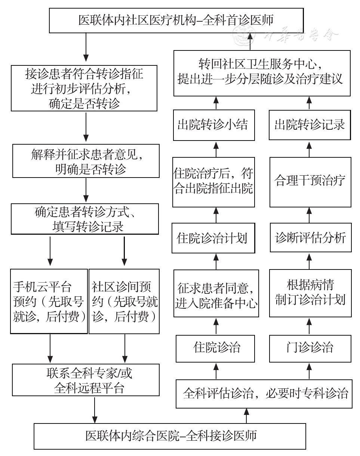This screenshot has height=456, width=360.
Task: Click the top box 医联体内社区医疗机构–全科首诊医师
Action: pyautogui.click(x=176, y=21)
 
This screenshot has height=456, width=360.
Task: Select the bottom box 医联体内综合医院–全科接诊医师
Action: pyautogui.click(x=170, y=436)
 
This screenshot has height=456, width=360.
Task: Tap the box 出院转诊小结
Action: pyautogui.click(x=214, y=125)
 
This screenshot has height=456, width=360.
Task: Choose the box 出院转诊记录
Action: pyautogui.click(x=310, y=125)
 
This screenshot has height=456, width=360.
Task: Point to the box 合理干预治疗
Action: pyautogui.click(x=310, y=182)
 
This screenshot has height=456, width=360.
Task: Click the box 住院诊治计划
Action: pyautogui.click(x=213, y=238)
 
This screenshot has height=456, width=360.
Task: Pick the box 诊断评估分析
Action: pyautogui.click(x=311, y=237)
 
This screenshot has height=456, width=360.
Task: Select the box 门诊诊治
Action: pyautogui.click(x=310, y=349)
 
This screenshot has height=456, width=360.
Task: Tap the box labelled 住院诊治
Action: pyautogui.click(x=215, y=349)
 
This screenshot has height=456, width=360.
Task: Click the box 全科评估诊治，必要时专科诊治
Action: pyautogui.click(x=264, y=394)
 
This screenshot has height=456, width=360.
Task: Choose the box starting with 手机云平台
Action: pyautogui.click(x=49, y=301)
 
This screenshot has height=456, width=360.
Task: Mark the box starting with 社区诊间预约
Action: pyautogui.click(x=124, y=301)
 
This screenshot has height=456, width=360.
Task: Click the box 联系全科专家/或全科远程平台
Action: pyautogui.click(x=86, y=380)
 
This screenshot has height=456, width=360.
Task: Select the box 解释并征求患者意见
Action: pyautogui.click(x=86, y=161)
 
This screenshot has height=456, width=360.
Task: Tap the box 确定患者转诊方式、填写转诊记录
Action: pyautogui.click(x=85, y=219)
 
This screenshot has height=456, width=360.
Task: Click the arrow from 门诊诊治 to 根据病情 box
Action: pyautogui.click(x=309, y=326)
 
